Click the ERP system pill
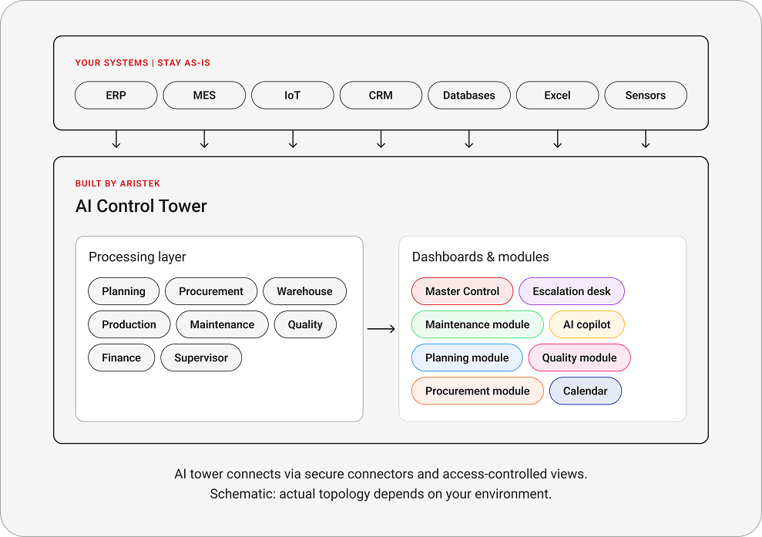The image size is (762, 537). pyautogui.click(x=116, y=96)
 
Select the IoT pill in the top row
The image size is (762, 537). pyautogui.click(x=293, y=96)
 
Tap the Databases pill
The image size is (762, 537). pyautogui.click(x=469, y=96)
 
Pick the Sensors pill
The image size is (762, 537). pyautogui.click(x=646, y=96)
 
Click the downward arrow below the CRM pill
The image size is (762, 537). pyautogui.click(x=381, y=139)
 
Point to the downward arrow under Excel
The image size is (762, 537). pyautogui.click(x=557, y=139)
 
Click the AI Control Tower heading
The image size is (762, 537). pyautogui.click(x=141, y=206)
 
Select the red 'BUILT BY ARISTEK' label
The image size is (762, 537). pyautogui.click(x=118, y=183)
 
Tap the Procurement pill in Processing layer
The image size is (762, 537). pyautogui.click(x=211, y=291)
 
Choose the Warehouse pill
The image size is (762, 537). pyautogui.click(x=304, y=291)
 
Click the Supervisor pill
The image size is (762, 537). pyautogui.click(x=201, y=357)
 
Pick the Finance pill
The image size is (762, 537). pyautogui.click(x=122, y=357)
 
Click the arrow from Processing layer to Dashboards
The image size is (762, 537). pyautogui.click(x=381, y=329)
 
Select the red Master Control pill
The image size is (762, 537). pyautogui.click(x=462, y=291)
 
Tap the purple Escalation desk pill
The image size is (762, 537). pyautogui.click(x=572, y=291)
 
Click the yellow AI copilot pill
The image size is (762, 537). pyautogui.click(x=586, y=324)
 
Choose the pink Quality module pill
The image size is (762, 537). pyautogui.click(x=579, y=357)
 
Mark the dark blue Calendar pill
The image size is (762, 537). pyautogui.click(x=585, y=391)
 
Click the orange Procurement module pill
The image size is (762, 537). pyautogui.click(x=477, y=391)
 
